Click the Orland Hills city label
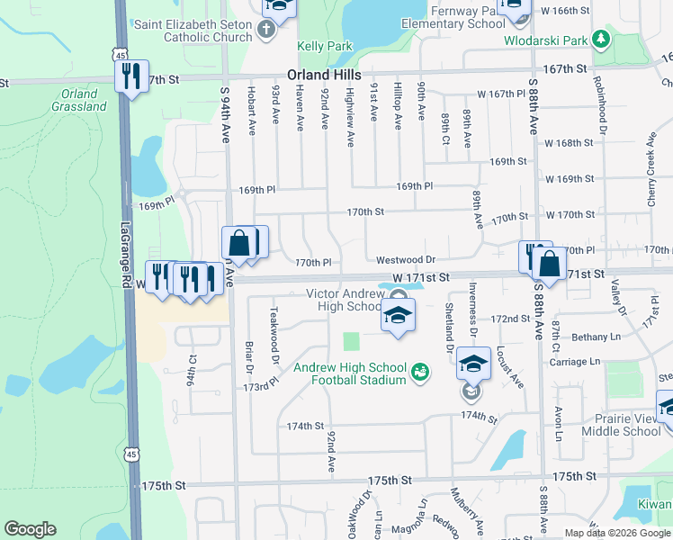point(324,76)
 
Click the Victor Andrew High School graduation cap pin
point(398,316)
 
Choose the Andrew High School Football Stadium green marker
point(418,371)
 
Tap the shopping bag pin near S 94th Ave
point(239,243)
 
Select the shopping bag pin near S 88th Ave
point(549,265)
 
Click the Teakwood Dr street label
point(274,328)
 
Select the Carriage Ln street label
point(576,361)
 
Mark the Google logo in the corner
point(31,529)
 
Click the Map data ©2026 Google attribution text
point(616,533)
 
